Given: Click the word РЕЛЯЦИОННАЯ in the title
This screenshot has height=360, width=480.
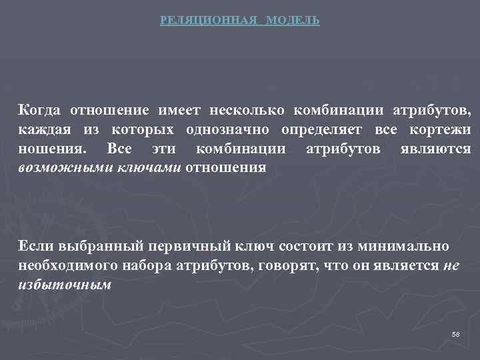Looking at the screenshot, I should [209, 21].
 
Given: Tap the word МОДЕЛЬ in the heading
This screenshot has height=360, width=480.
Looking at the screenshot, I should [293, 21].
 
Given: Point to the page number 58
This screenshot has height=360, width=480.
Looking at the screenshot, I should [455, 333].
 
